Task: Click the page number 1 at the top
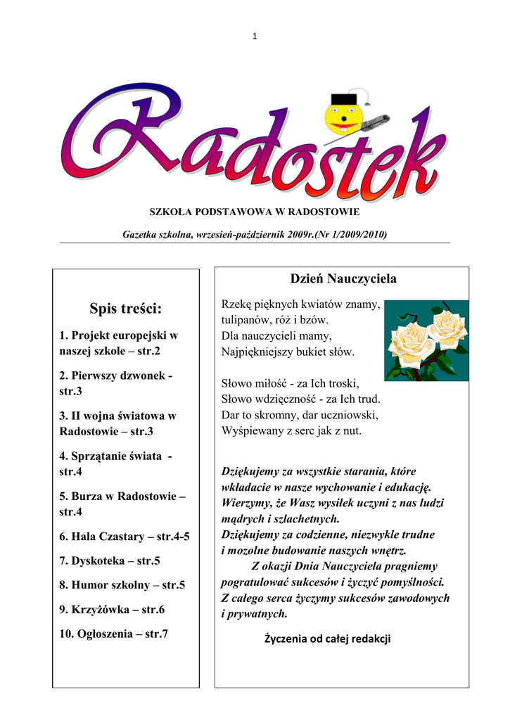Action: tap(255, 37)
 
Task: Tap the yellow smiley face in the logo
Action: tap(342, 116)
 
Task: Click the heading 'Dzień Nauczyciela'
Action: tap(343, 279)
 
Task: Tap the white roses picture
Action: tap(426, 340)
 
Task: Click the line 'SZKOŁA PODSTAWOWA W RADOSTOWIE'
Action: tap(255, 212)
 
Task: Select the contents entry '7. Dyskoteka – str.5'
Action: tap(110, 560)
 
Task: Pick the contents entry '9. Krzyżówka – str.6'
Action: tap(112, 610)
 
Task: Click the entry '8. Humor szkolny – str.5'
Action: tap(122, 585)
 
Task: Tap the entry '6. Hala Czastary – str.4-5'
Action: tap(125, 536)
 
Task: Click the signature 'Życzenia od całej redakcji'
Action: tap(327, 638)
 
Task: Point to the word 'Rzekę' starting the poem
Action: tap(236, 304)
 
